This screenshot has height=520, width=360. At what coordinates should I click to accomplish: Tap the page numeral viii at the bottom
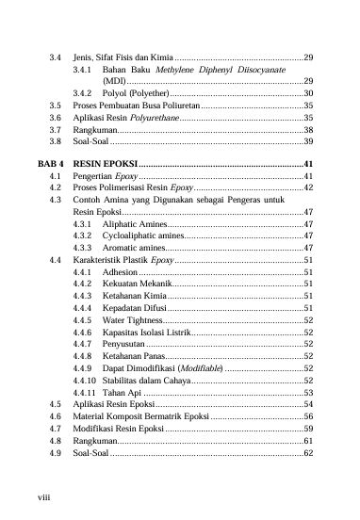pyautogui.click(x=41, y=490)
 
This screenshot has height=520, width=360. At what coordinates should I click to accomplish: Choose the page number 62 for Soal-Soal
pyautogui.click(x=308, y=453)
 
